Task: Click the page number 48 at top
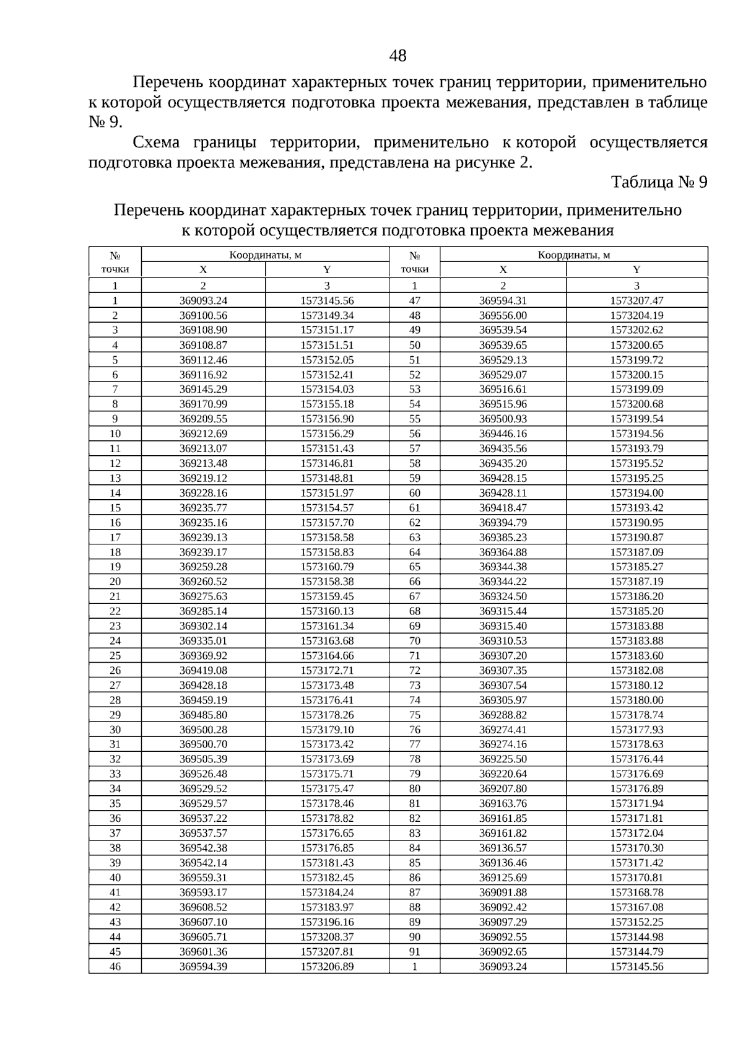tap(398, 56)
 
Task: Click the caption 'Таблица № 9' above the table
tap(659, 183)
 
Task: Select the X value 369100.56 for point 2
tap(203, 315)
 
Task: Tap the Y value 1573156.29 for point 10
tap(327, 434)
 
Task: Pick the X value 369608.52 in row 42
tap(203, 907)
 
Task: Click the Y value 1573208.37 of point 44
tap(327, 937)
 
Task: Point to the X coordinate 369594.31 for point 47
tap(503, 300)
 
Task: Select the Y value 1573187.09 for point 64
tap(637, 552)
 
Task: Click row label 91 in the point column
tap(414, 952)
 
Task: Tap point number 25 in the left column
tap(115, 656)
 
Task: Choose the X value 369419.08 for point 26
tap(203, 671)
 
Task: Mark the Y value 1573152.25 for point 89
tap(637, 922)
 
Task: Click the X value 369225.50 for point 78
tap(503, 759)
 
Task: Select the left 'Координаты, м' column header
tap(265, 255)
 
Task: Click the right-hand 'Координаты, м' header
tap(573, 255)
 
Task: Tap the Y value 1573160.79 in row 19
tap(327, 567)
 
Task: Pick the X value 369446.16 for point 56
tap(503, 434)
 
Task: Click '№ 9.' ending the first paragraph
tap(106, 122)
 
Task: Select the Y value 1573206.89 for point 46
tap(327, 967)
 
